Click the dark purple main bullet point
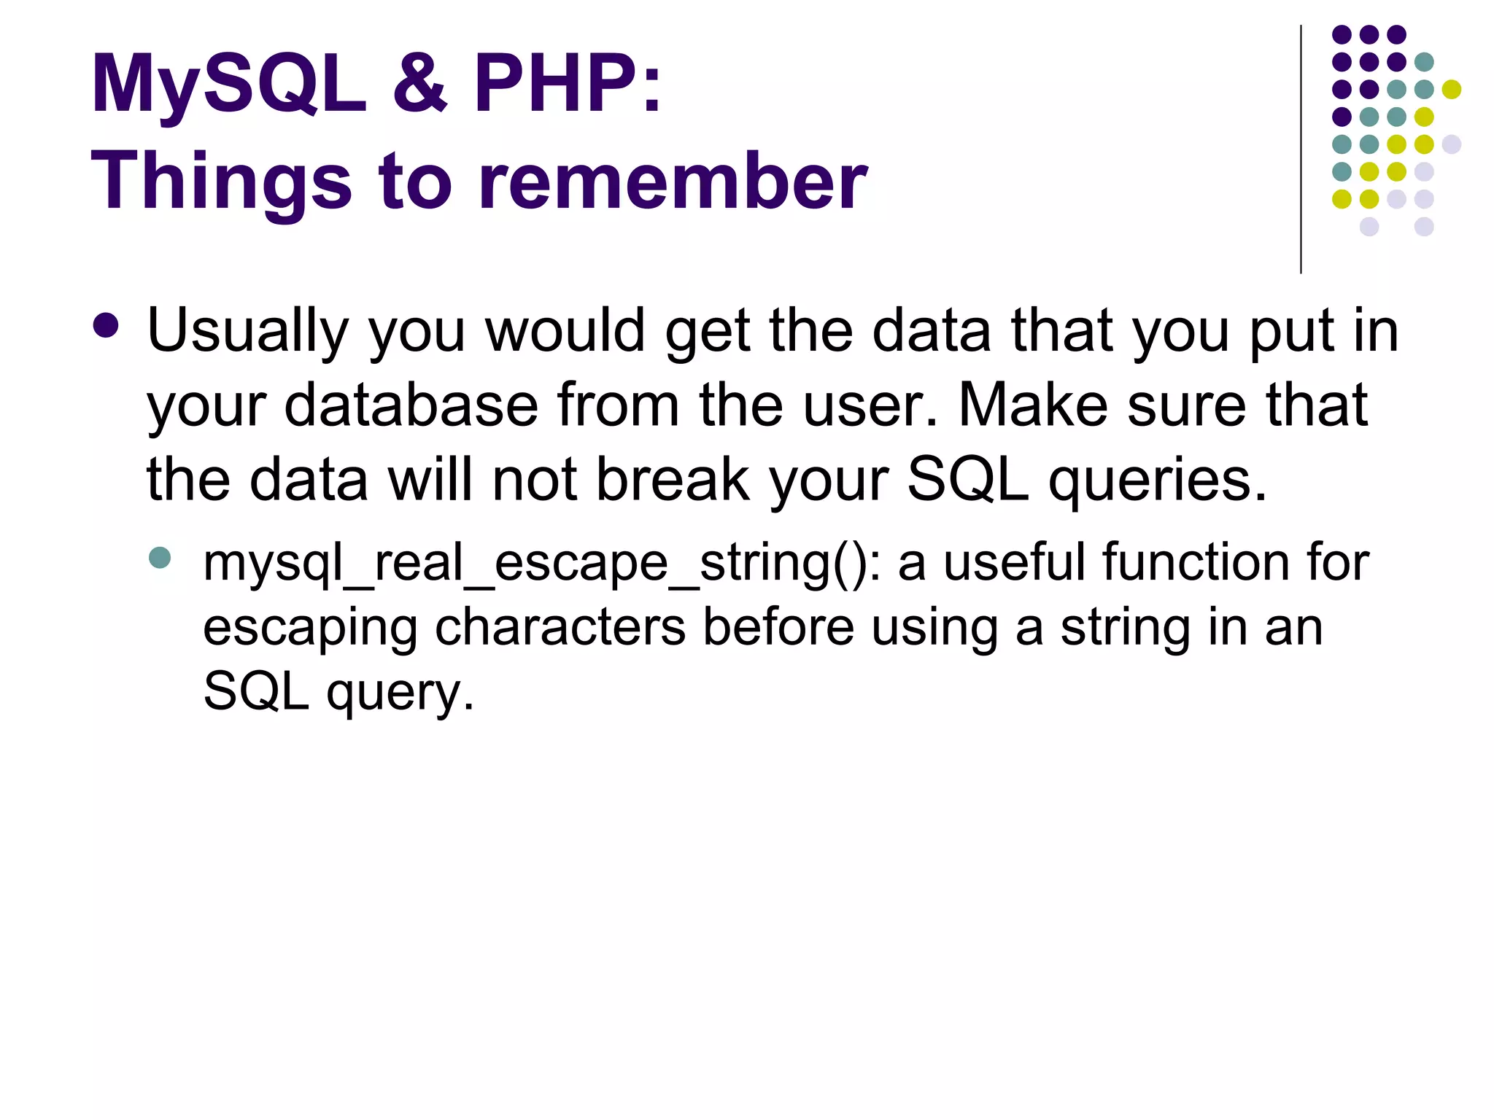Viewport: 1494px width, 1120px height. [x=106, y=326]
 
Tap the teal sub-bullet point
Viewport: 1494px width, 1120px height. [x=159, y=559]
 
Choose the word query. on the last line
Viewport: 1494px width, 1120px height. [x=400, y=693]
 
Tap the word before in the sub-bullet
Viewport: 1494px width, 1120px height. [x=778, y=627]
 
